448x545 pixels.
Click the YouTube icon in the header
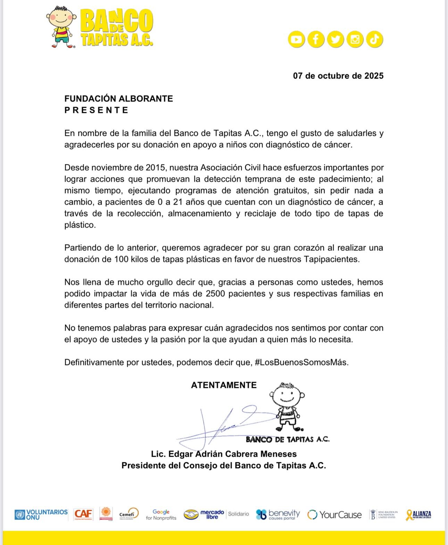[296, 39]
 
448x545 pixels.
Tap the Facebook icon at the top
[316, 39]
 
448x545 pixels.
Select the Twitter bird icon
[335, 39]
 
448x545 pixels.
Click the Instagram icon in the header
[355, 39]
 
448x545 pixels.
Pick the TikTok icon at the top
[374, 39]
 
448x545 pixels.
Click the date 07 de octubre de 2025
[338, 76]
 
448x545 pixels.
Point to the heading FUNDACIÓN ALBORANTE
[118, 99]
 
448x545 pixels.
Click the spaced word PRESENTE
[96, 110]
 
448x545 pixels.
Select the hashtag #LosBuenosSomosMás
[301, 362]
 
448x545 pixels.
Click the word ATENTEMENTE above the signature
[224, 385]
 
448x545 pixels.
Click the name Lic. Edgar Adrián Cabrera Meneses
[224, 454]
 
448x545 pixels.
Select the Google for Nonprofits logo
[161, 514]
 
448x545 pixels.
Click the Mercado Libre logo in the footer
[204, 514]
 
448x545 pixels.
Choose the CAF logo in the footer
[83, 514]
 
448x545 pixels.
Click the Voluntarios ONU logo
[41, 514]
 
